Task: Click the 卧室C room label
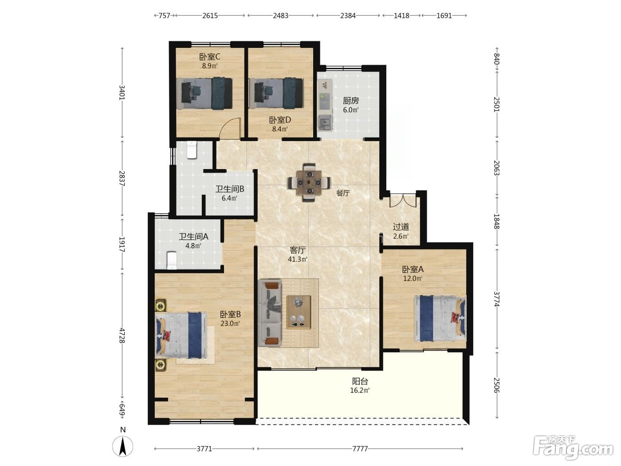(210, 57)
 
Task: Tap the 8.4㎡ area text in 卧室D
(280, 129)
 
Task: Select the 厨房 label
(351, 100)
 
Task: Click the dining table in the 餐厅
(309, 182)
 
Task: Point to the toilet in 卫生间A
(172, 261)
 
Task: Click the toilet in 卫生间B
(192, 150)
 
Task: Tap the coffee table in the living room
(299, 312)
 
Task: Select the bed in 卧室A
(440, 318)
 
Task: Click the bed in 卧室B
(181, 335)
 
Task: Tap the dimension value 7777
(360, 449)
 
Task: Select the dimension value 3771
(204, 449)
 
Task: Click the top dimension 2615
(210, 16)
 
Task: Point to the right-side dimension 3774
(497, 299)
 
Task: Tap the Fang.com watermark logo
(573, 448)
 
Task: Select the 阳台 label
(360, 381)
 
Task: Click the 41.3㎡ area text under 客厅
(298, 259)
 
